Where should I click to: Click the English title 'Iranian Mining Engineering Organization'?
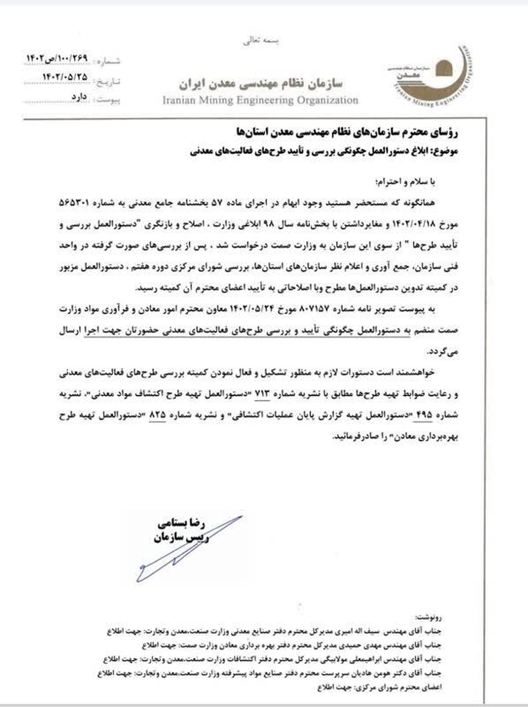260,100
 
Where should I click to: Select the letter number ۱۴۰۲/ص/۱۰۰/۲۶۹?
58,58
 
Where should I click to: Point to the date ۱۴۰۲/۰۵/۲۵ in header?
65,77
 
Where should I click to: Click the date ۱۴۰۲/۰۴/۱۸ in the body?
425,224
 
